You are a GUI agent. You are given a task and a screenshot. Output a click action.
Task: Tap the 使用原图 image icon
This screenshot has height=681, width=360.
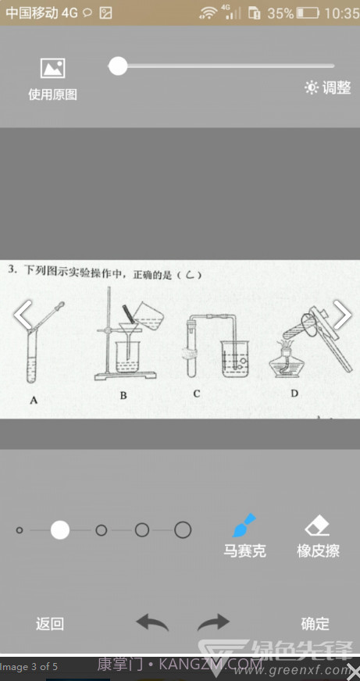[x=52, y=69]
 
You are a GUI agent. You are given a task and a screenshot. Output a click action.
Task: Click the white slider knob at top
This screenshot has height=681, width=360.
[x=118, y=66]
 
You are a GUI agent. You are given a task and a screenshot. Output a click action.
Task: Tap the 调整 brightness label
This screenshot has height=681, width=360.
[x=328, y=88]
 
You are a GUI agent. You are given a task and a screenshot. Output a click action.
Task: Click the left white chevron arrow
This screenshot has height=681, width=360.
[x=23, y=316]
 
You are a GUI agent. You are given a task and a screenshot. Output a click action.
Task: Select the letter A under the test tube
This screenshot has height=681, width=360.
[x=34, y=401]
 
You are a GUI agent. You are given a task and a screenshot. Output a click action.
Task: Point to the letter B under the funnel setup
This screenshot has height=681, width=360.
[x=123, y=395]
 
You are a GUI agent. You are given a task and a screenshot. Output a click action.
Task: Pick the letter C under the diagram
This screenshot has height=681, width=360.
[x=196, y=394]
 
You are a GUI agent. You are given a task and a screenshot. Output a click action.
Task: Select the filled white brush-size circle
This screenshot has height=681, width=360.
[x=60, y=530]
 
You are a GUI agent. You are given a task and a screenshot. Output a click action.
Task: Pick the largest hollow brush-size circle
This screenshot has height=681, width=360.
[x=183, y=530]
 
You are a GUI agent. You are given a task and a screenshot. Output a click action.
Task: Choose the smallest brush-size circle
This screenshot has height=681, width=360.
[x=20, y=530]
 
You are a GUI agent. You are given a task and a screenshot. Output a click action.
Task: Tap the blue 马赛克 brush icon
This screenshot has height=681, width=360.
[x=245, y=524]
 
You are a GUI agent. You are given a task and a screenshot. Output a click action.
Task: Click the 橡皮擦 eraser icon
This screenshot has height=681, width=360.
[x=318, y=525]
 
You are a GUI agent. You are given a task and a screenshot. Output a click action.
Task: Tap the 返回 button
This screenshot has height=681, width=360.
[x=50, y=624]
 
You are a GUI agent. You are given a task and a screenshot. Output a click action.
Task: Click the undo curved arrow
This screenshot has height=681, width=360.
[x=152, y=622]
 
